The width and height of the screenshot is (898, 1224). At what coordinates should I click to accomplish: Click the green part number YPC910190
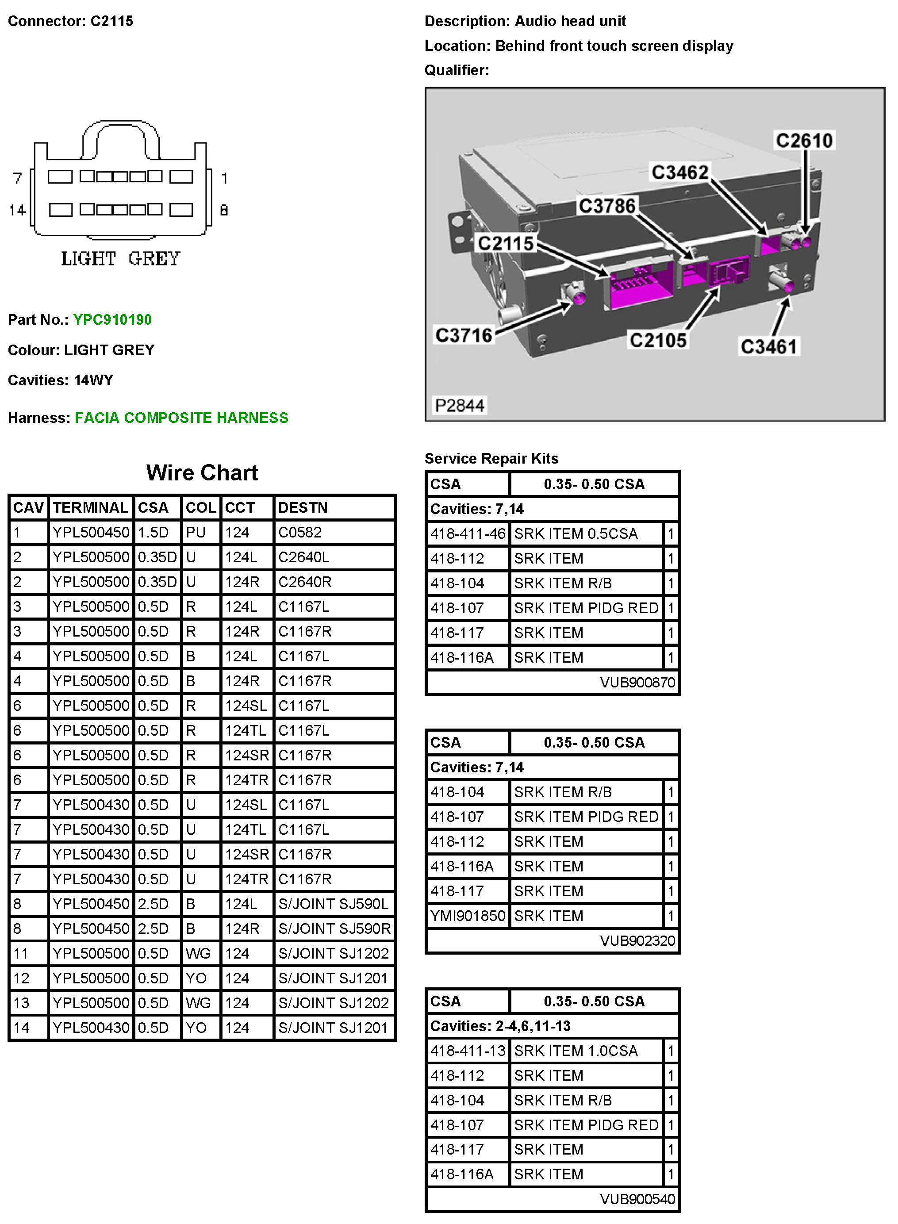pos(112,319)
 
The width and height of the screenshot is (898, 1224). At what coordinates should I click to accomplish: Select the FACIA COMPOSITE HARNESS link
pos(181,418)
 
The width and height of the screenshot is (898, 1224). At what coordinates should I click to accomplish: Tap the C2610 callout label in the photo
pos(804,141)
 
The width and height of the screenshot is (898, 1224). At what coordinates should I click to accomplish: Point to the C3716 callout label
pos(464,335)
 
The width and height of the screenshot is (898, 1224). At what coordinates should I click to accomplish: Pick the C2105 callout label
pos(658,341)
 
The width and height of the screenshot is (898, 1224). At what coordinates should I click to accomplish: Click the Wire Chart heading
pos(202,473)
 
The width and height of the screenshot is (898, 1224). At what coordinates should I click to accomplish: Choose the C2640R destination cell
pos(305,582)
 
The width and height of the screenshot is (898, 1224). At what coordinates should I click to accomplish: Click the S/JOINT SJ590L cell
pos(333,904)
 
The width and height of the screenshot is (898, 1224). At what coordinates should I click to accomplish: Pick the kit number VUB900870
pos(637,682)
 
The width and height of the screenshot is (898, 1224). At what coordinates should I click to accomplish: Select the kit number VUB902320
pos(637,941)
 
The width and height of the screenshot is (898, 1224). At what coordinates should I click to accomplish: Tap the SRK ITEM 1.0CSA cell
pos(576,1051)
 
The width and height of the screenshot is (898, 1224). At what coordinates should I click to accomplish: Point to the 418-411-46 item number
pos(468,534)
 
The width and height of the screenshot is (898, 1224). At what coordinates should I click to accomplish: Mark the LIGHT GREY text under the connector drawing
pos(120,259)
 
